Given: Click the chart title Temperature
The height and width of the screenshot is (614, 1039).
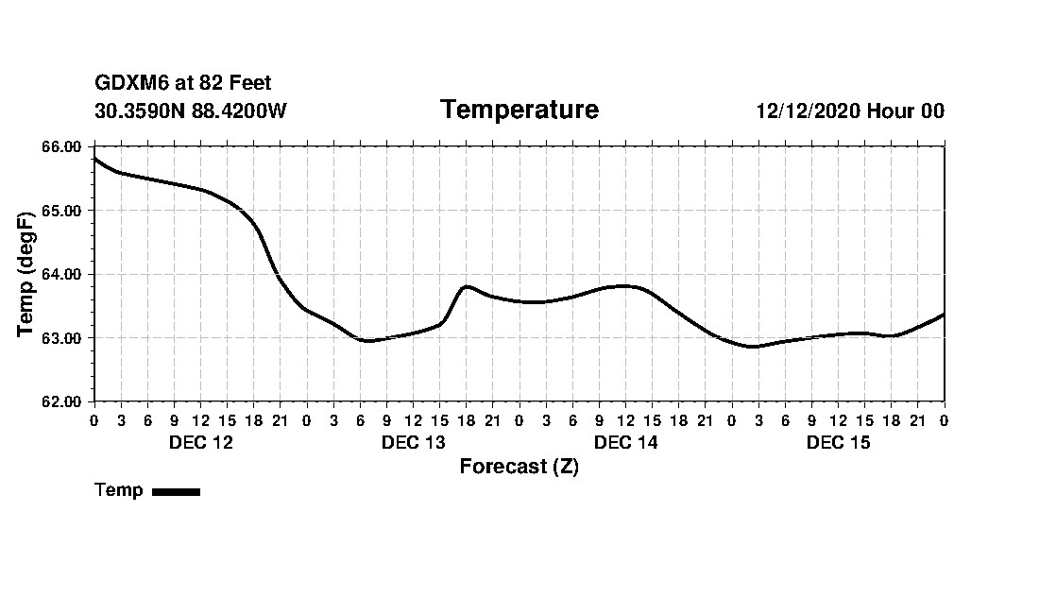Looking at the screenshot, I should coord(519,111).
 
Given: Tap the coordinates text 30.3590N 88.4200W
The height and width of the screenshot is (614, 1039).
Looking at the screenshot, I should coord(191,111).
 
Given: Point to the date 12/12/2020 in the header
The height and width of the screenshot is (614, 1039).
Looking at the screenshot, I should coord(809,111).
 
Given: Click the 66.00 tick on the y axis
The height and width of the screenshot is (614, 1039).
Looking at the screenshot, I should coord(63,146).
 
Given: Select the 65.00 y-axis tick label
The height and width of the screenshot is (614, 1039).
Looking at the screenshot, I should coord(63,211).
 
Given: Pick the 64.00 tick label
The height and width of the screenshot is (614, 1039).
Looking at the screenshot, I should coord(63,274).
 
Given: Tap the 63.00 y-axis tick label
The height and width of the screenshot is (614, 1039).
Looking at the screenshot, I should coord(63,338).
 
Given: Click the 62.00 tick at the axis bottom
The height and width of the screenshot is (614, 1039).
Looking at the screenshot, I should coord(63,401).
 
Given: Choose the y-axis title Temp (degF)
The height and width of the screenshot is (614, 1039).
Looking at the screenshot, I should coord(27,274).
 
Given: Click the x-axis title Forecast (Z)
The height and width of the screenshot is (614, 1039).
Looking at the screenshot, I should coord(519,467).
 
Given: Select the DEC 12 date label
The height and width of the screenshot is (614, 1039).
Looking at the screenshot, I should coord(200,442).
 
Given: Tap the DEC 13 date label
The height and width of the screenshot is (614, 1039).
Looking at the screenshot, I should coord(413,442).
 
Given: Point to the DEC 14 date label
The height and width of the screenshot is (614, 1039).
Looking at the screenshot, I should coord(625,442).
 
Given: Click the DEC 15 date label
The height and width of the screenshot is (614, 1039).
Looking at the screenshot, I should coord(838,442).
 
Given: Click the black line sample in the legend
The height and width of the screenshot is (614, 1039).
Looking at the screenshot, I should coord(176,491).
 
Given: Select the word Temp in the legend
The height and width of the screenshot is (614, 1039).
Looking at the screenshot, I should coord(119,490).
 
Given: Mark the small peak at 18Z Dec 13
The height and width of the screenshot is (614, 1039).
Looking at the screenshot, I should coord(467,286).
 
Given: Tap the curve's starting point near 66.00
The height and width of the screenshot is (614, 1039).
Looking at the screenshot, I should coord(94,159).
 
